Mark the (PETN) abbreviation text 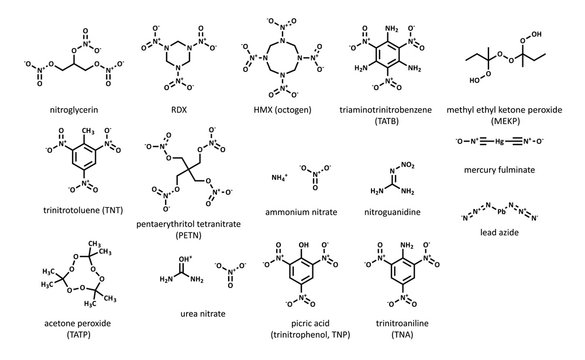[x=174, y=237]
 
